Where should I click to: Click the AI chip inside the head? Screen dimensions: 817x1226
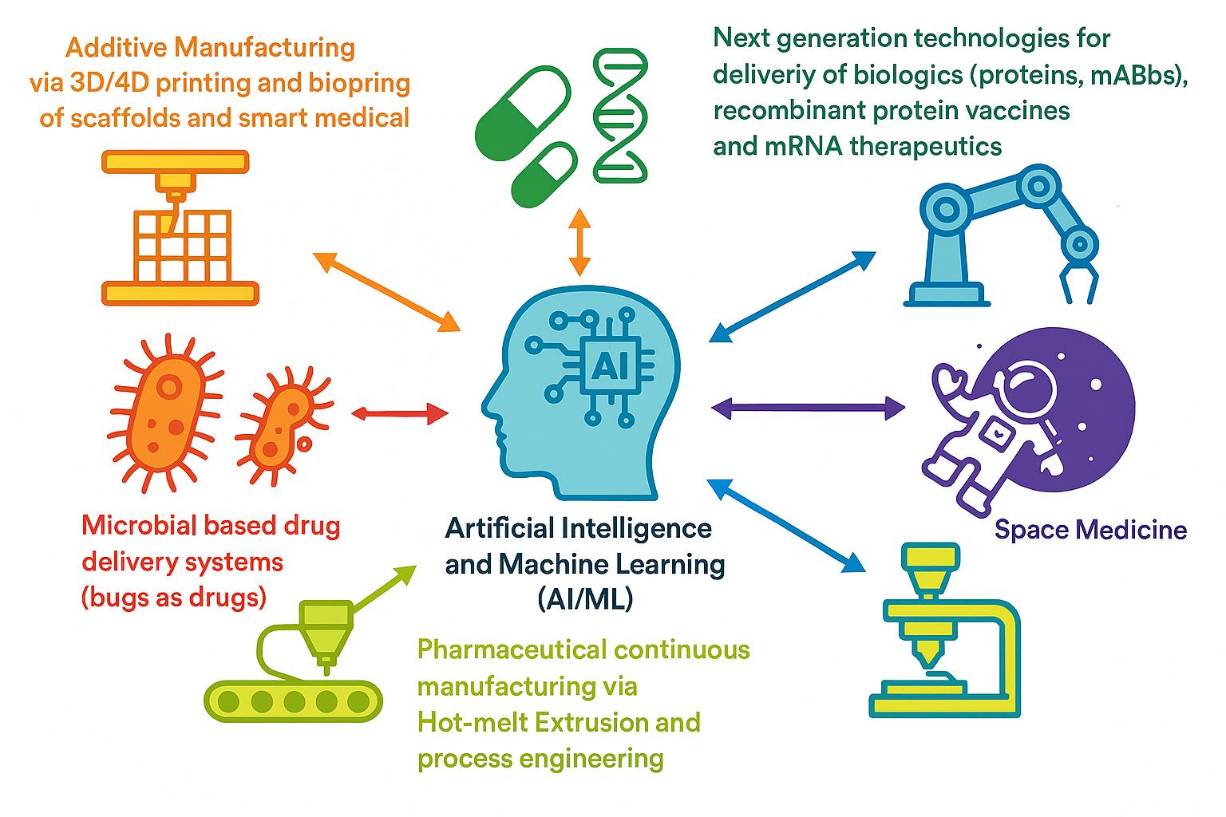click(x=611, y=365)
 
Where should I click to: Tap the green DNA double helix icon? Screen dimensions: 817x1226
click(x=620, y=114)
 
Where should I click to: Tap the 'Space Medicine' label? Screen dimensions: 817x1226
click(x=1090, y=530)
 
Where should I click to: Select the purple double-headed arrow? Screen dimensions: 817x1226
click(x=807, y=408)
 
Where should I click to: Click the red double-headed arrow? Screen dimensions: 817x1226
click(x=400, y=413)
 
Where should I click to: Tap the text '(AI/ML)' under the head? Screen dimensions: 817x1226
click(x=585, y=598)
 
